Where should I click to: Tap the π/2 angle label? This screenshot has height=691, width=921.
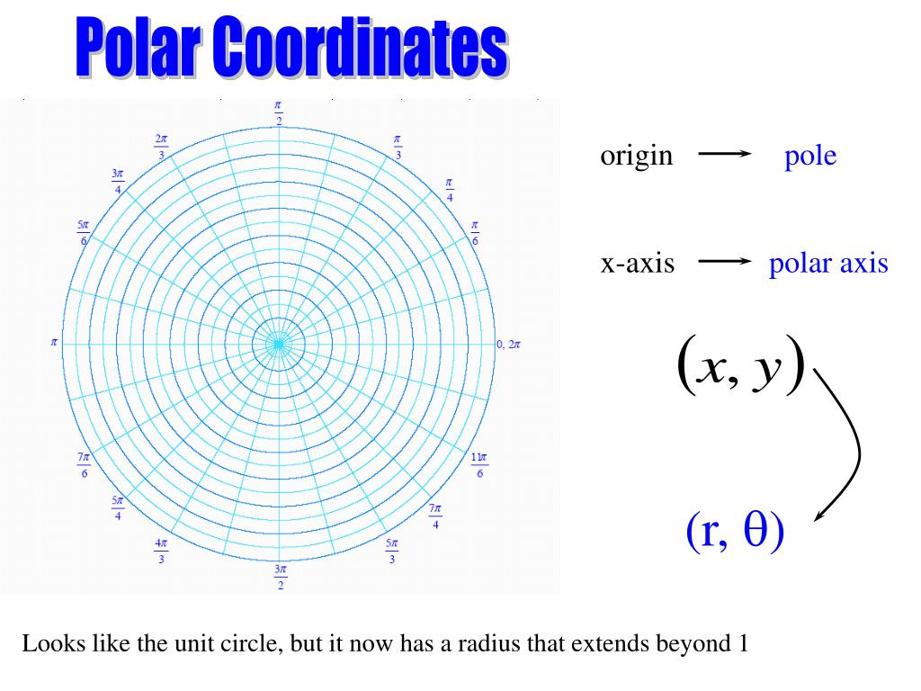279,113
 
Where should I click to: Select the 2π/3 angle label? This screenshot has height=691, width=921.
161,147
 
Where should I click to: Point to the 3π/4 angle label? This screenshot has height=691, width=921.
118,179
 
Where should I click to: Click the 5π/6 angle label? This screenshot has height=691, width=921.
84,232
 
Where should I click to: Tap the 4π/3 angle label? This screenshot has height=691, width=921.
161,551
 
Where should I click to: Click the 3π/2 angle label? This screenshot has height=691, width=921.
280,577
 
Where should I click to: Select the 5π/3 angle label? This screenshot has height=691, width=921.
391,551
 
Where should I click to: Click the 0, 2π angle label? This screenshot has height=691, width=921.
508,344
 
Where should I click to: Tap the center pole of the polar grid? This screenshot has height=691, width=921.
279,344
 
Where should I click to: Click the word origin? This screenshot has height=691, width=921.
636,156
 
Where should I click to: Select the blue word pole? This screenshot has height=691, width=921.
809,157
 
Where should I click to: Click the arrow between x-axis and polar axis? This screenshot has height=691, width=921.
724,262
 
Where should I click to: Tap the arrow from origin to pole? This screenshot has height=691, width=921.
724,154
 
